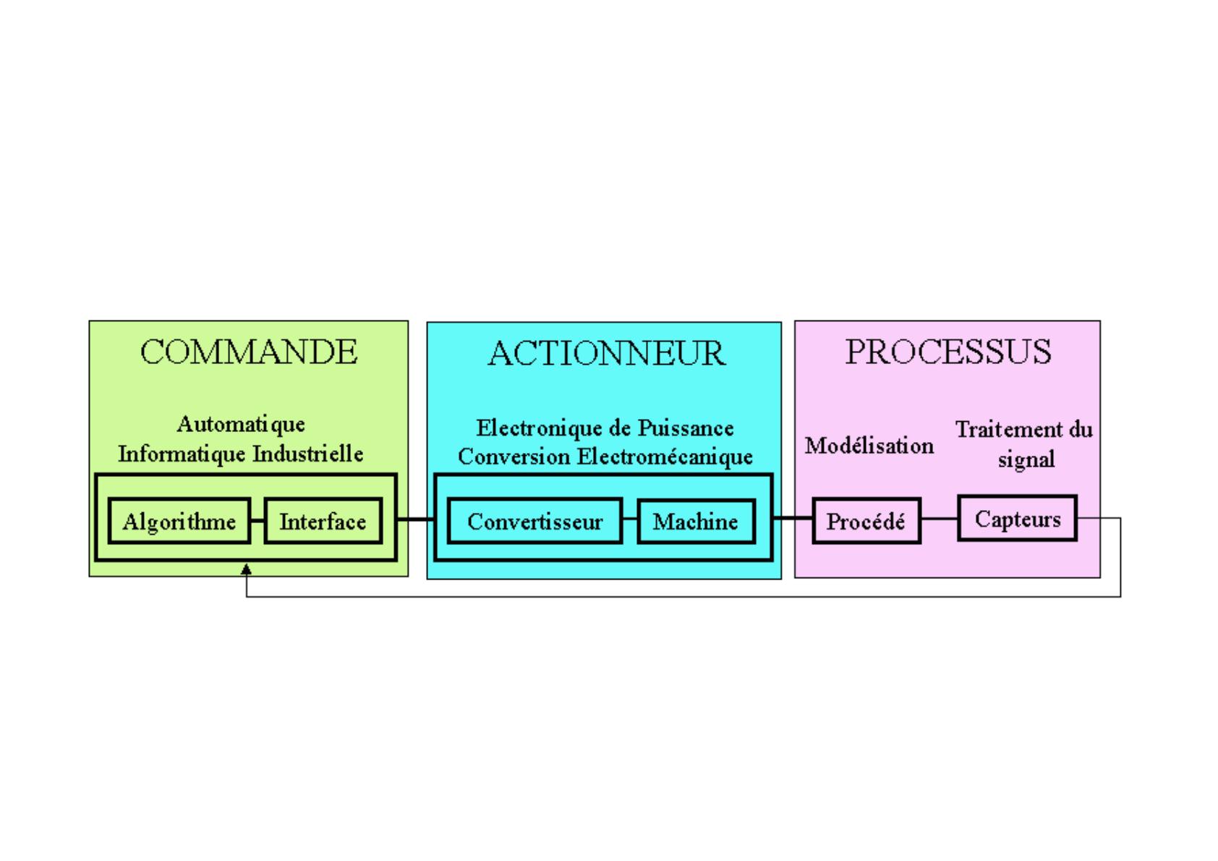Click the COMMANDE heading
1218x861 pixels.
249,352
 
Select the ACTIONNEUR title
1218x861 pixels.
606,354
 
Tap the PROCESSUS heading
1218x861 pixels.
948,352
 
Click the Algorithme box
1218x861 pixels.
179,520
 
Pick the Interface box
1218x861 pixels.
323,520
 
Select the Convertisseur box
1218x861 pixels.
535,520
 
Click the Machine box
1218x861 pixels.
696,520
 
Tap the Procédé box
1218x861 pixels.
866,520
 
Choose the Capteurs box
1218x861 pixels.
1018,518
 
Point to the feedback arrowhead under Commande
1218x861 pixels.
247,569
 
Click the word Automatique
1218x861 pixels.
241,424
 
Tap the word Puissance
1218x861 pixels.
686,428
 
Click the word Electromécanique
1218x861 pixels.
665,457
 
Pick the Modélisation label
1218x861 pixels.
869,446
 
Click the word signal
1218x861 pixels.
1026,459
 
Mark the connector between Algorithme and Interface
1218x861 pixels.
257,520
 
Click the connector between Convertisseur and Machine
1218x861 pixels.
630,518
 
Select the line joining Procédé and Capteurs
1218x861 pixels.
940,518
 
